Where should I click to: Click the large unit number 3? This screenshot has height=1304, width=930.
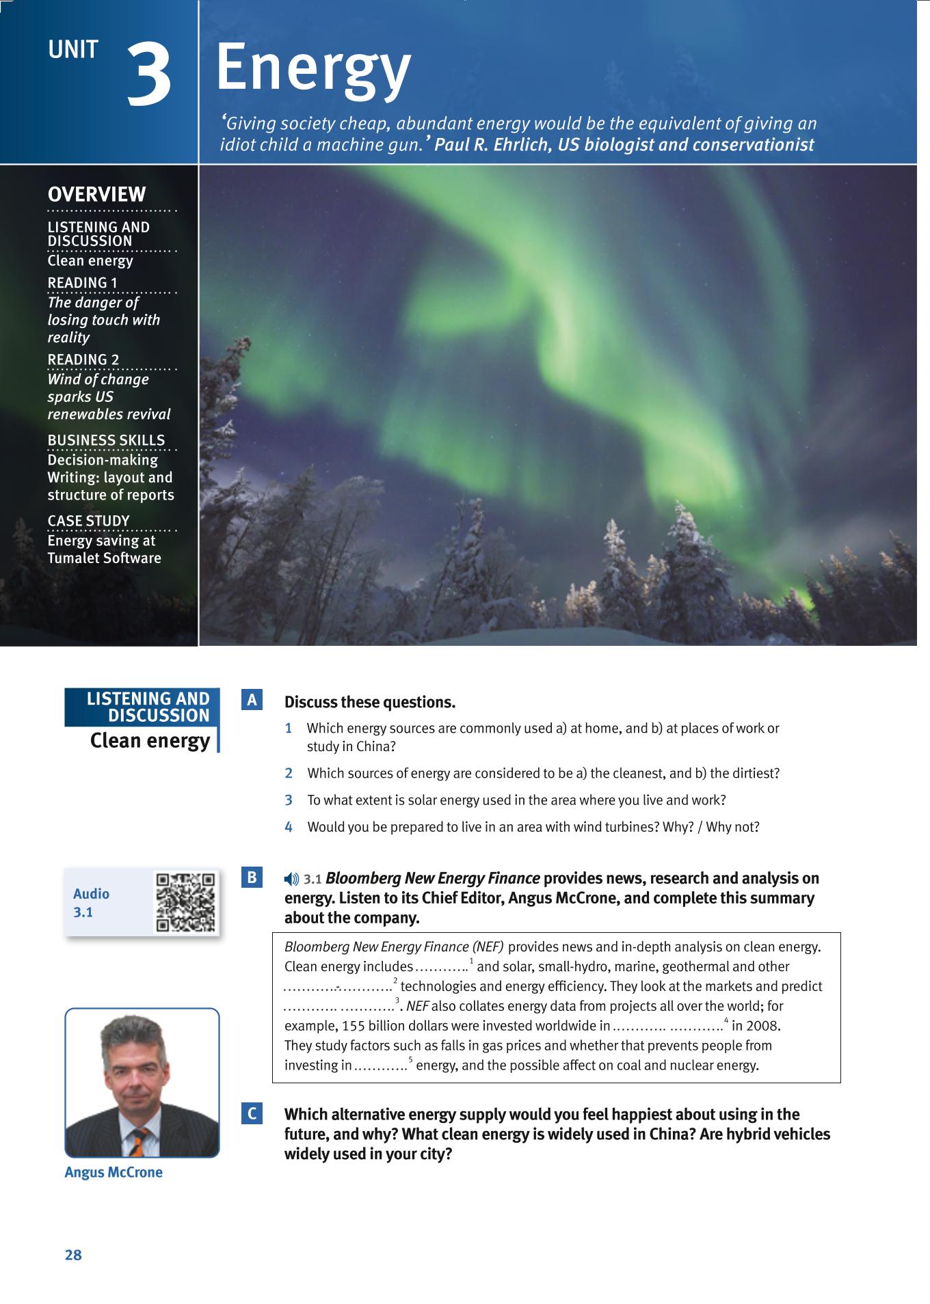click(x=149, y=75)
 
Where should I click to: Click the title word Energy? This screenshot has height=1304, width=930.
click(x=313, y=68)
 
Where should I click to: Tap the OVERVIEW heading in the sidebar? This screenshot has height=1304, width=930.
click(x=97, y=195)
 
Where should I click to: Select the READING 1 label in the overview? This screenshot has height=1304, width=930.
click(x=83, y=283)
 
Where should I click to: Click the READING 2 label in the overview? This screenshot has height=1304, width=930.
click(x=83, y=360)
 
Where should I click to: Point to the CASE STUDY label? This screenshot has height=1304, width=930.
click(x=88, y=521)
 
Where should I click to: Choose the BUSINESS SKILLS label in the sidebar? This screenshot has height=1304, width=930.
click(x=106, y=441)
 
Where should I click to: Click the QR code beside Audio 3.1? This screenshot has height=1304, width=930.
click(x=185, y=902)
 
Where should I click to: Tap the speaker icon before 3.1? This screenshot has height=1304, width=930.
click(x=292, y=880)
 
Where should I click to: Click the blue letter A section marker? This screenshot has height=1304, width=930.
click(x=252, y=701)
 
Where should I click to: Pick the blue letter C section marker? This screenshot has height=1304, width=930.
click(x=252, y=1114)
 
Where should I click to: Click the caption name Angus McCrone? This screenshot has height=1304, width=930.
click(x=114, y=1173)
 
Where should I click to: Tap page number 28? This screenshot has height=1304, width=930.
click(x=73, y=1255)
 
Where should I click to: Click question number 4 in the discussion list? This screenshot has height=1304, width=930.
click(x=289, y=827)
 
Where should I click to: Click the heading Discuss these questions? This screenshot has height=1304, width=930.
click(x=370, y=703)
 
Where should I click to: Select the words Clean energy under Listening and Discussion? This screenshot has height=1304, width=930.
click(x=150, y=741)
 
